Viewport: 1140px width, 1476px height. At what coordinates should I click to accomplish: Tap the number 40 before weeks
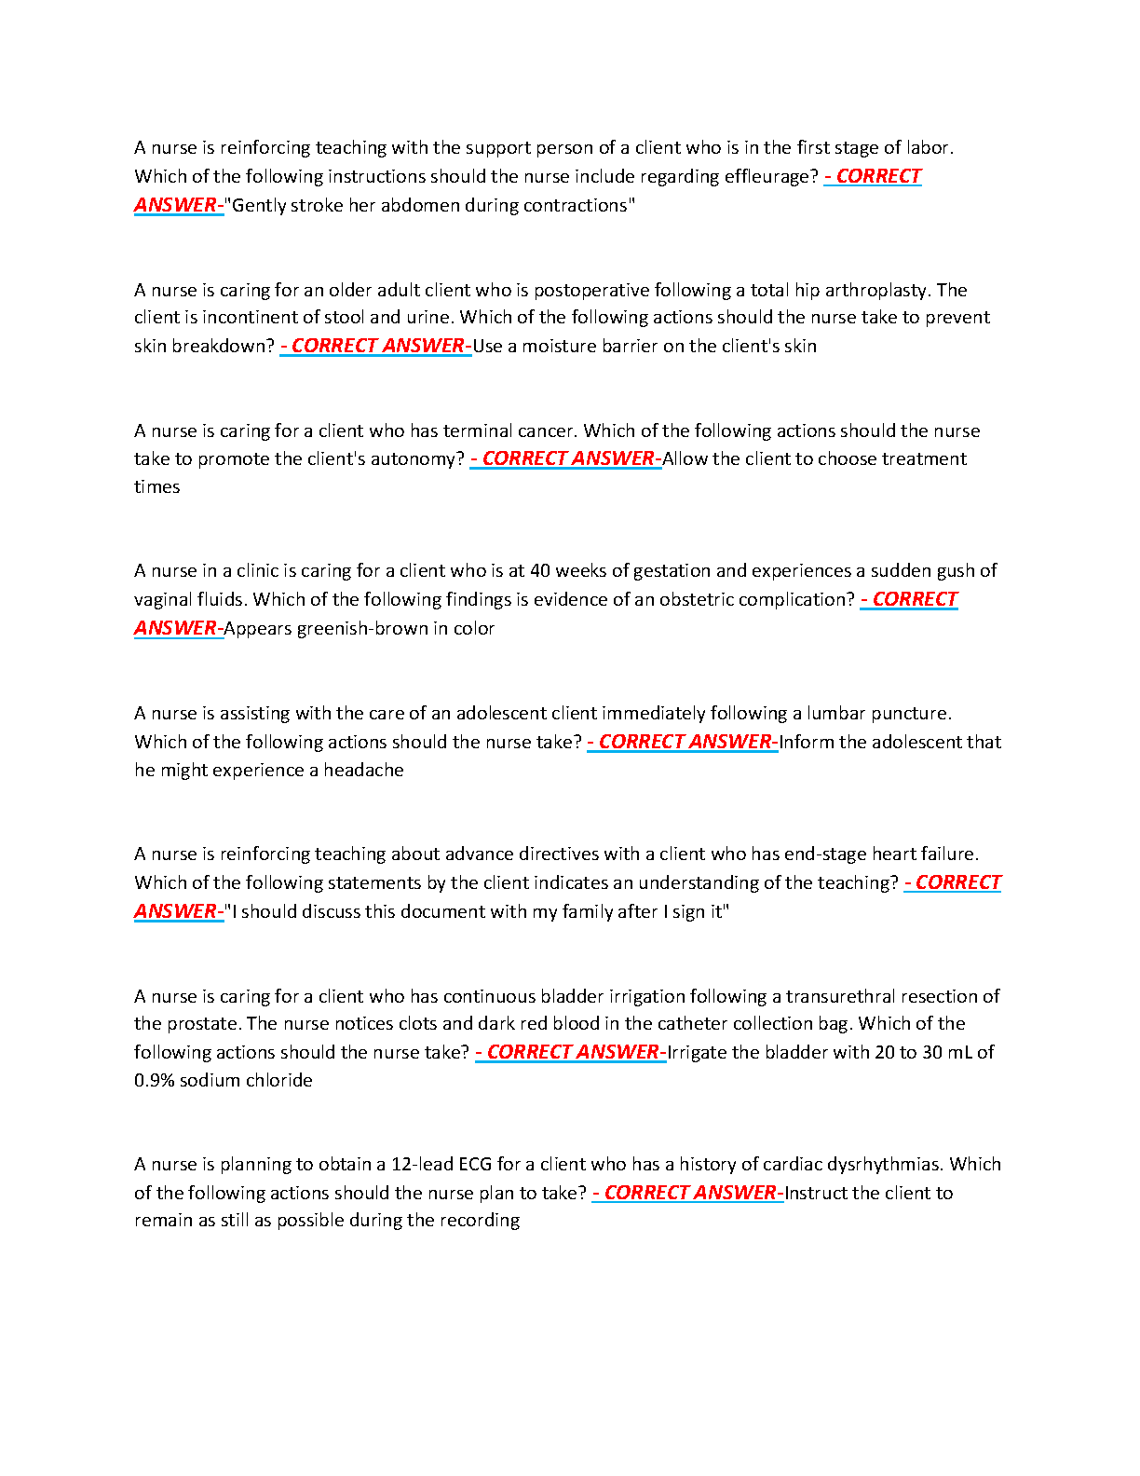click(x=540, y=570)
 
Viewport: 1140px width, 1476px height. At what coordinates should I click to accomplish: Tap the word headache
click(x=363, y=771)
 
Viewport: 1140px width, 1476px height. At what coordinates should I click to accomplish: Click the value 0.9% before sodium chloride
click(x=154, y=1081)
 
